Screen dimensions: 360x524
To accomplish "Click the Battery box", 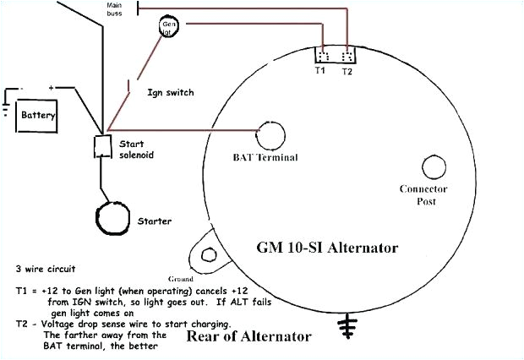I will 40,112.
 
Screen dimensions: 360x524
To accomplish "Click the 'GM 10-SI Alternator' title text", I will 327,248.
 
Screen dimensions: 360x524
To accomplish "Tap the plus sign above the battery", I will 51,87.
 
